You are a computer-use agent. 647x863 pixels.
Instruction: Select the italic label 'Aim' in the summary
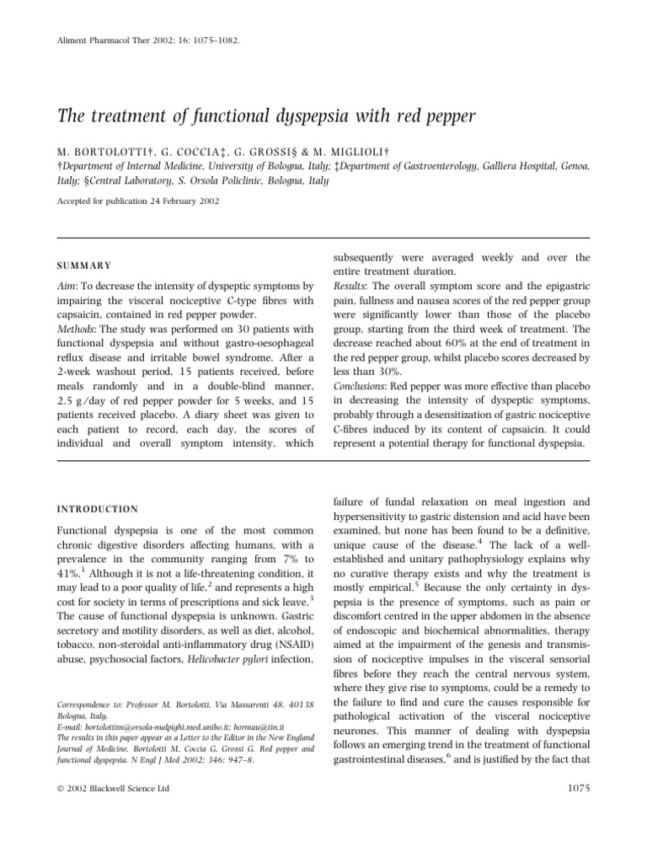click(66, 288)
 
